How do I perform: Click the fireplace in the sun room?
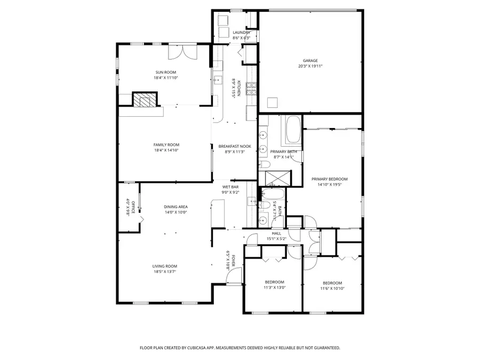point(145,100)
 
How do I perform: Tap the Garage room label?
point(310,61)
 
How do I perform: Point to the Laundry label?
point(241,33)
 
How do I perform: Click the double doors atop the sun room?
point(182,52)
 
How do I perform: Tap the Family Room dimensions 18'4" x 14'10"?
point(166,151)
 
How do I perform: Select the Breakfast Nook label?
point(235,146)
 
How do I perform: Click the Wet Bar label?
point(230,187)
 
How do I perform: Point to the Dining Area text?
point(175,206)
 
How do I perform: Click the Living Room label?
point(165,266)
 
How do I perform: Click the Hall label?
point(276,233)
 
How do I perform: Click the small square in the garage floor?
point(273,102)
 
